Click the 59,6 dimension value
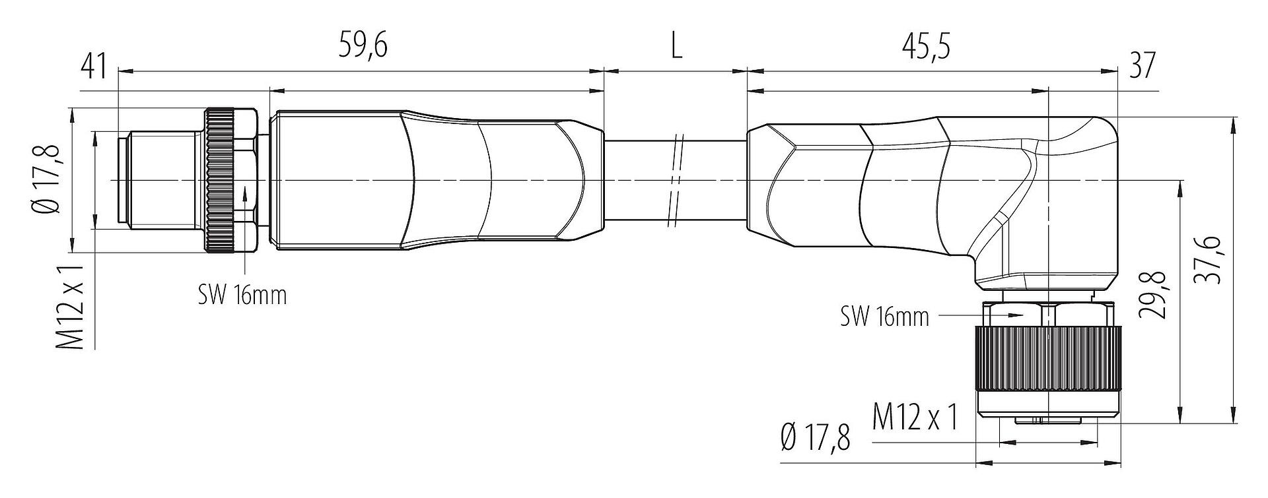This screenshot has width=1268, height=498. pos(363,47)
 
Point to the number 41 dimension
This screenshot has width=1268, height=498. pos(93,67)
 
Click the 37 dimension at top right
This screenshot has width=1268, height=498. pos(1143,67)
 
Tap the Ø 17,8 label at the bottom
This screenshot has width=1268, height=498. pos(815,438)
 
